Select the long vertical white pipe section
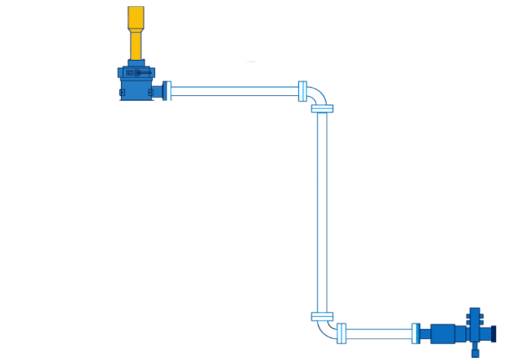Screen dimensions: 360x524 tap(322, 211)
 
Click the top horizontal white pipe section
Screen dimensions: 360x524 tap(235, 91)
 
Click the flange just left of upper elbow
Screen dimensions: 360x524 tap(302, 91)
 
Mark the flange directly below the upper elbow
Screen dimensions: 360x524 tap(322, 109)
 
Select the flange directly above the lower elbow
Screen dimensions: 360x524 tap(322, 317)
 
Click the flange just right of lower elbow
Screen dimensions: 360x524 tap(342, 334)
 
